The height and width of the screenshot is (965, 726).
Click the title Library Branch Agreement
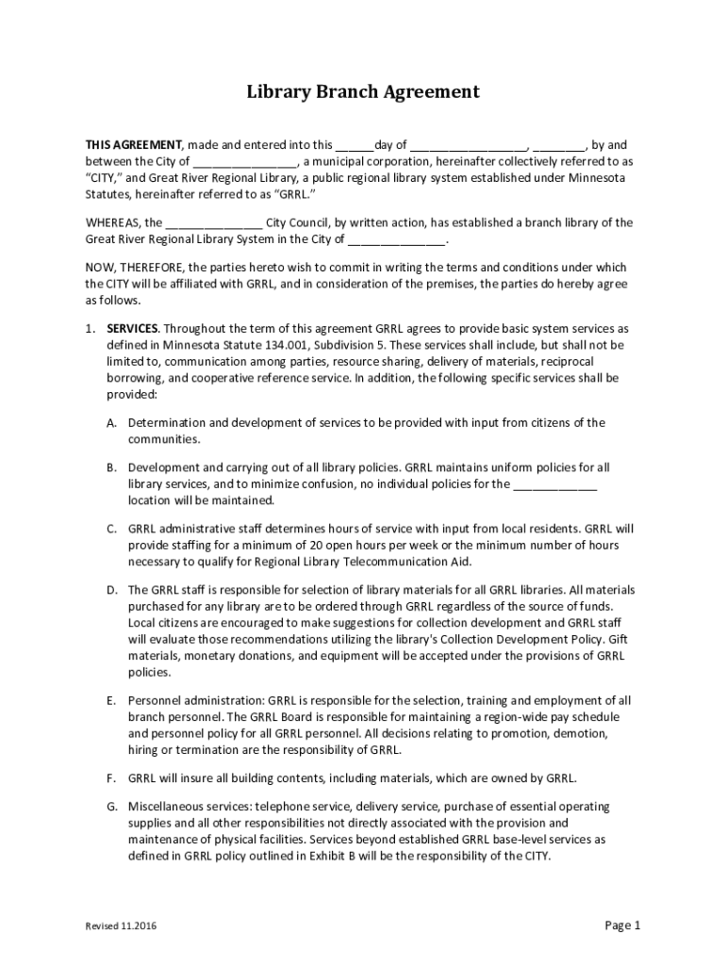coord(363,92)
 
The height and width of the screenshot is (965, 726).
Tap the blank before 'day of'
coord(355,147)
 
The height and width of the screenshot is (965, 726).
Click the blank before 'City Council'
coord(214,223)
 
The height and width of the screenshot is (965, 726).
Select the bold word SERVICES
coord(133,328)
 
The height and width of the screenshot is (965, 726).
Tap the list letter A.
coord(110,423)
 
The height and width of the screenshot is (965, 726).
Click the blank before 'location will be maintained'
coord(553,485)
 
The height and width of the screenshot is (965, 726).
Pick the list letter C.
coord(110,529)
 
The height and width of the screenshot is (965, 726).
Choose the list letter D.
coord(110,590)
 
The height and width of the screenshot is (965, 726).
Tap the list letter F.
coord(110,778)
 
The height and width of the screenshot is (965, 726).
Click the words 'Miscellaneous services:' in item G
coord(191,807)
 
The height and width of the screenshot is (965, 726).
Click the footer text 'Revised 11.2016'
coord(122,926)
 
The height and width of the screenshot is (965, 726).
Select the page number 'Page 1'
coord(622,924)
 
